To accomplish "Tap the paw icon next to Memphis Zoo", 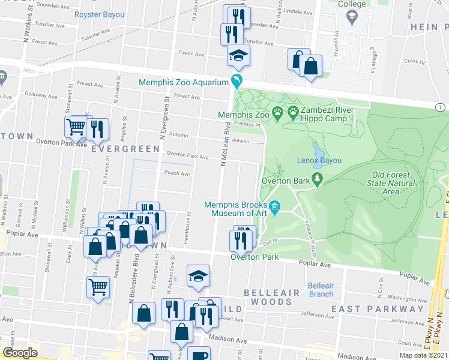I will tap(277, 112).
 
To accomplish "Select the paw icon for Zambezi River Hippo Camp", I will tap(293, 112).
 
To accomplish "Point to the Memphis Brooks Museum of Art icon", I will tap(275, 208).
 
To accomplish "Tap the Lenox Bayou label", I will tap(319, 160).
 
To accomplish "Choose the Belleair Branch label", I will tap(321, 289).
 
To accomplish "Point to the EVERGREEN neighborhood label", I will tap(125, 148).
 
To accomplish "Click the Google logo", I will tap(20, 353).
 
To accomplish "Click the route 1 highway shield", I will tap(441, 107).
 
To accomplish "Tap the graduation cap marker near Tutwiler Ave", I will tap(238, 56).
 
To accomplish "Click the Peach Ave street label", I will tap(177, 173).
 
